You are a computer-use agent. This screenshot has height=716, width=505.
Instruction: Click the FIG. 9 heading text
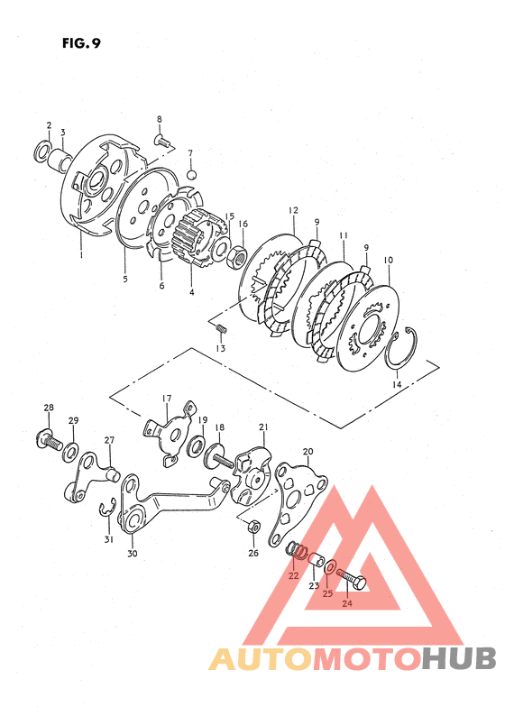click(x=81, y=43)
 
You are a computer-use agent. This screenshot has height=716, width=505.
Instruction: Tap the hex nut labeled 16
click(x=237, y=256)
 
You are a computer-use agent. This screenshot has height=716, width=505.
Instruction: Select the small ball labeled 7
click(x=192, y=175)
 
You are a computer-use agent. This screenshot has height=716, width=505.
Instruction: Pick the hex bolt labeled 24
click(x=352, y=579)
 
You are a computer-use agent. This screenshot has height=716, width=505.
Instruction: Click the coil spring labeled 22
click(x=298, y=550)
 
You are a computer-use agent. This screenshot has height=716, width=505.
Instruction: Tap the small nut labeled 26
click(x=253, y=527)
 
